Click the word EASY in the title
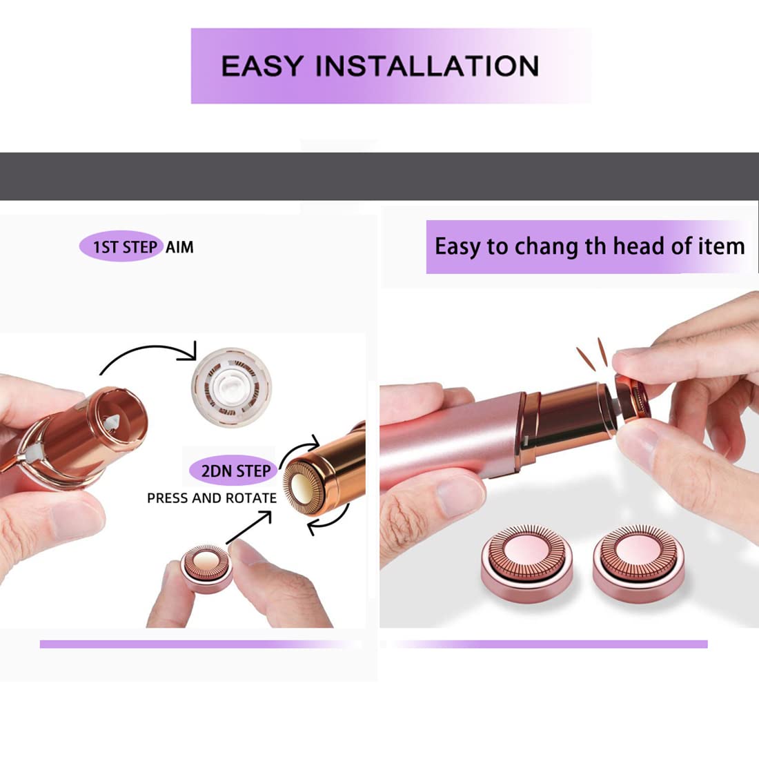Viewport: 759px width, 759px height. pos(262,66)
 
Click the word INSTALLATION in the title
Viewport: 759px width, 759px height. pos(427,66)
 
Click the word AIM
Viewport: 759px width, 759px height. pos(179,247)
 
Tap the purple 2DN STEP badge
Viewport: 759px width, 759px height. pos(235,471)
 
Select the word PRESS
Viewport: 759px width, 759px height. pos(168,498)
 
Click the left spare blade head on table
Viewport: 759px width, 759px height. pos(527,560)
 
